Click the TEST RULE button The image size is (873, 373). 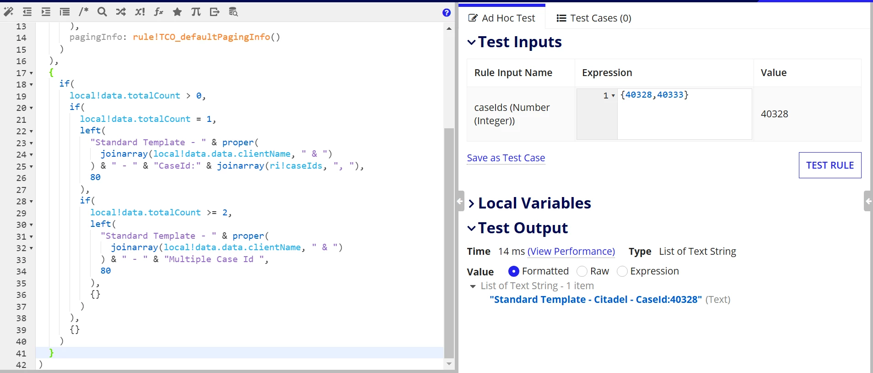pos(830,165)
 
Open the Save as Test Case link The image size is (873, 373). pos(506,158)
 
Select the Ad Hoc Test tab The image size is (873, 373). pos(501,18)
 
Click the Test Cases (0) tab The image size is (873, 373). pos(593,18)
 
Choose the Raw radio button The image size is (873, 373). pos(582,271)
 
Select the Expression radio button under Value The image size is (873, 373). pos(622,271)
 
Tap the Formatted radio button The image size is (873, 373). pos(514,271)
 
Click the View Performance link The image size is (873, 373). pos(571,252)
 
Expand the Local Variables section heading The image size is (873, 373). pos(534,203)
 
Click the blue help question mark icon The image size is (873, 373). pos(447,12)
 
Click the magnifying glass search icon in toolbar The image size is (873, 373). pos(102,12)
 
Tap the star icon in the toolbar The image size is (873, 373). pos(177,12)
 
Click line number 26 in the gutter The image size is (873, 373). pos(21,178)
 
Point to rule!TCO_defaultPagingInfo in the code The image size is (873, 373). pos(201,37)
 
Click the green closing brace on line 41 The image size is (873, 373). pos(51,352)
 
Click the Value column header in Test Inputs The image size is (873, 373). pos(774,73)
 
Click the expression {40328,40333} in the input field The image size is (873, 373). pos(654,95)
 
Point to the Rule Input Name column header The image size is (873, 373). pos(513,73)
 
